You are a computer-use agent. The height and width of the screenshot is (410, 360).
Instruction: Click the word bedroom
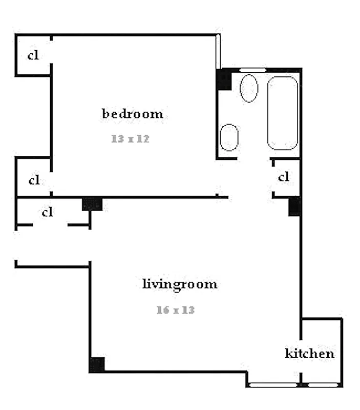(133, 113)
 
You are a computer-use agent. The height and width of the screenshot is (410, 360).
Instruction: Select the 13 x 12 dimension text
(130, 138)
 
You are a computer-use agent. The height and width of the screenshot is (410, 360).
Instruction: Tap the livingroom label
(179, 284)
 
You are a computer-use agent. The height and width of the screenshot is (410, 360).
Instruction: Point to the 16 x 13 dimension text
(176, 310)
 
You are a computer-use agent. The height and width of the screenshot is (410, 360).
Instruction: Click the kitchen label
(309, 353)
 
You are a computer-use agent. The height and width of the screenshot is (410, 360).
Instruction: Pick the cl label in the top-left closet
(33, 55)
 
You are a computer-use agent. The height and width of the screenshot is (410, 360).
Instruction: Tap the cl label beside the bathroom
(284, 177)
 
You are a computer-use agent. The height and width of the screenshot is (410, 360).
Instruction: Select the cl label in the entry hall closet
(48, 212)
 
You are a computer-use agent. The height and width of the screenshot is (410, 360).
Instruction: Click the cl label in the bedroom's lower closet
(34, 180)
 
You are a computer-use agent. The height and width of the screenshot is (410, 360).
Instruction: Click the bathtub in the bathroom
(282, 113)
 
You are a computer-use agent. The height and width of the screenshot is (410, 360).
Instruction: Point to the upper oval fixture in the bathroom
(249, 88)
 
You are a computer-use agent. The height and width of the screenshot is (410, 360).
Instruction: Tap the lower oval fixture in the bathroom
(229, 137)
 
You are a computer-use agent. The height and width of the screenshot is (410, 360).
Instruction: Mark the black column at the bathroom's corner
(224, 79)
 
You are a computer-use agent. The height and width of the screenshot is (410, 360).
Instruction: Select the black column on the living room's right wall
(294, 206)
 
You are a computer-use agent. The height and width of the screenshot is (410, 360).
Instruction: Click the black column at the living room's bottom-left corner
(97, 364)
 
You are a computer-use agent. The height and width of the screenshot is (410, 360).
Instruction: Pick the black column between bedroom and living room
(92, 204)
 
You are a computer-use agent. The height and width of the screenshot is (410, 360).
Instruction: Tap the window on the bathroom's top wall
(253, 70)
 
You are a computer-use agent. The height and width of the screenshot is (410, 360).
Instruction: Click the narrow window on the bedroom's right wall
(218, 51)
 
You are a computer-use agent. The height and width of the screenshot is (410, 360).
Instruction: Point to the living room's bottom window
(273, 384)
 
